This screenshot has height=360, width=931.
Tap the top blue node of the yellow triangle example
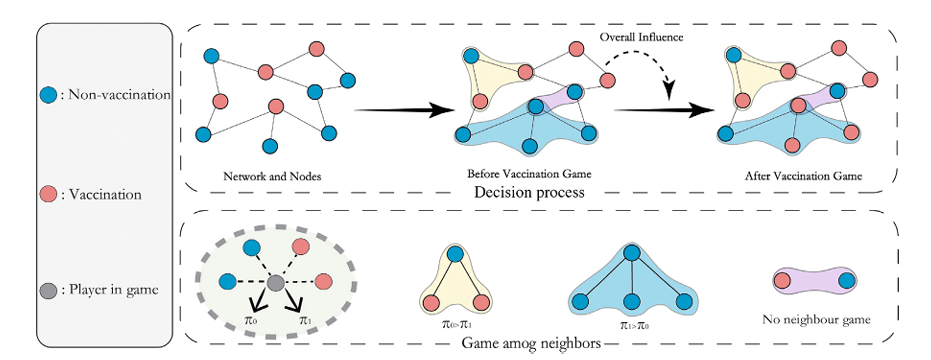coord(455,256)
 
